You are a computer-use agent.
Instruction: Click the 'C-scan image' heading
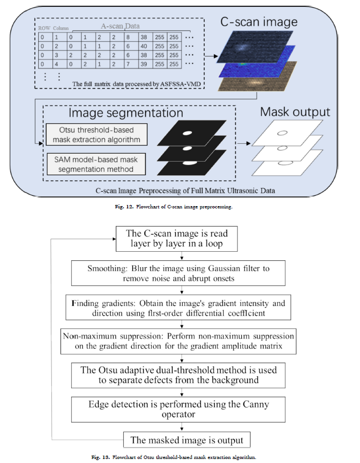[259, 22]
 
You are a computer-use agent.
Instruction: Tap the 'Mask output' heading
[295, 112]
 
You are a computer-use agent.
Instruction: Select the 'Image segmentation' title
[126, 113]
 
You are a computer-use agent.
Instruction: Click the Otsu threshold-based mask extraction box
[96, 135]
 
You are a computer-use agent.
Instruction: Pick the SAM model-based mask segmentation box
[96, 164]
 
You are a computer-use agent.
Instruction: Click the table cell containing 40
[145, 46]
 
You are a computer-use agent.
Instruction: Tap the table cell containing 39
[145, 64]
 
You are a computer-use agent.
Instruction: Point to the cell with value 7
[131, 64]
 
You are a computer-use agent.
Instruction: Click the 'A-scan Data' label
[120, 26]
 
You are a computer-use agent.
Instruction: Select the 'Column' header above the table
[61, 29]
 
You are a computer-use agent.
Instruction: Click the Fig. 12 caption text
[173, 207]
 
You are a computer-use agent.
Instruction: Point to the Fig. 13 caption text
[173, 457]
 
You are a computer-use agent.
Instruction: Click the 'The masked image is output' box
[187, 440]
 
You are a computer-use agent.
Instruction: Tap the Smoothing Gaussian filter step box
[178, 273]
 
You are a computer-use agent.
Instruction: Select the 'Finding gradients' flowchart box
[178, 307]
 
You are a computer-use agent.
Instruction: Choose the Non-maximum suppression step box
[178, 341]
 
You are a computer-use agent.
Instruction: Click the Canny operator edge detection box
[178, 409]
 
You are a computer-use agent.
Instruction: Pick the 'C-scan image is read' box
[176, 239]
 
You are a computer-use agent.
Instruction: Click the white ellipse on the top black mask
[187, 133]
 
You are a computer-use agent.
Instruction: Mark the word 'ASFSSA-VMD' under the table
[180, 84]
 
